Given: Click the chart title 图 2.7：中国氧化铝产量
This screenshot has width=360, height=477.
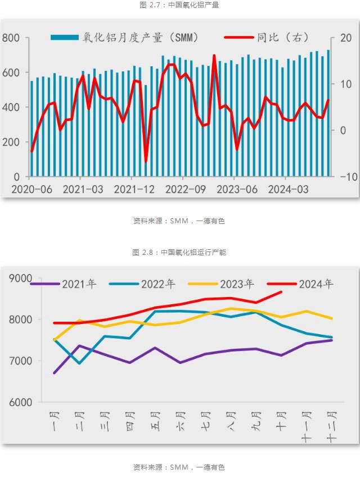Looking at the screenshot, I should pyautogui.click(x=179, y=5).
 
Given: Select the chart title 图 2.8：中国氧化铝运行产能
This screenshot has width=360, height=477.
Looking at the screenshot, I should pyautogui.click(x=179, y=253).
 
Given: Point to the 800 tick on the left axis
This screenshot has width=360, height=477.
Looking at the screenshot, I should pyautogui.click(x=11, y=38).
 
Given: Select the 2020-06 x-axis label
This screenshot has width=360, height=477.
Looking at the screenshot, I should pyautogui.click(x=31, y=190).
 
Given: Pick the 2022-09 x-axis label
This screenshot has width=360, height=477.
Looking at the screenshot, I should pyautogui.click(x=186, y=190).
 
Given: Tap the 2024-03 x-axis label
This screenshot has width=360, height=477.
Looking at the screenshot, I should pyautogui.click(x=287, y=190).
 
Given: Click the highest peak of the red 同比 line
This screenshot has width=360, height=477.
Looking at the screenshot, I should pyautogui.click(x=214, y=55).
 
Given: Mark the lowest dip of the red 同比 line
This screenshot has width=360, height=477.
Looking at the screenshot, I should pyautogui.click(x=146, y=162).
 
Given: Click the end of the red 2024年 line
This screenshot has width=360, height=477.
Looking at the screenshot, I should pyautogui.click(x=281, y=291).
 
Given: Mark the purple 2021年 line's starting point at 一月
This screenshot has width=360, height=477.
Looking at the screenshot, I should pyautogui.click(x=54, y=373).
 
